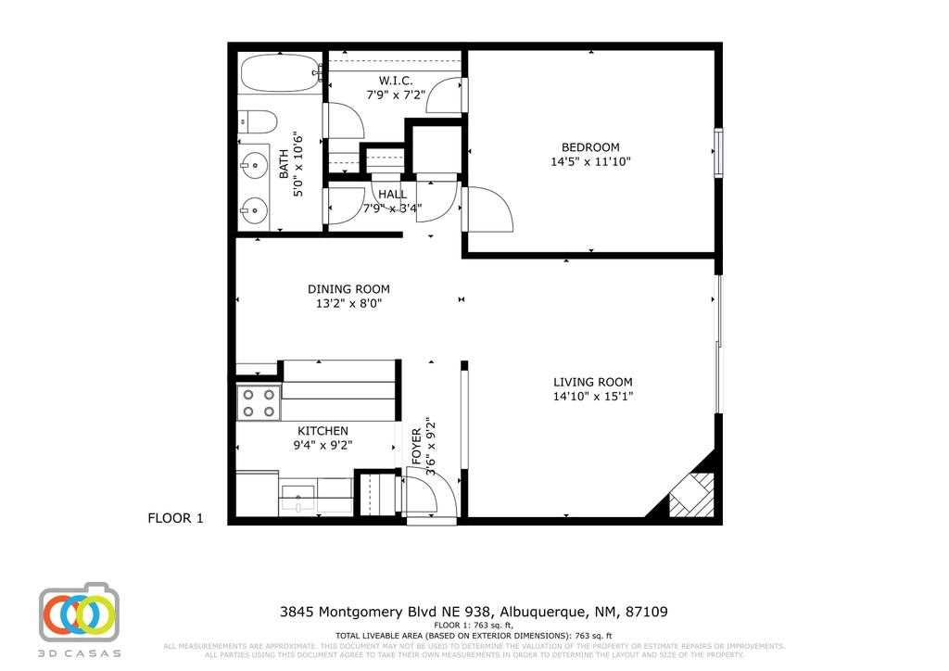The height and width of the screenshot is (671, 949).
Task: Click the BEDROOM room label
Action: coord(590,147)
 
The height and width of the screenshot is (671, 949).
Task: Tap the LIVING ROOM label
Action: coord(593,382)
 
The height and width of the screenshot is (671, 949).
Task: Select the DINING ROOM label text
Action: coord(348,289)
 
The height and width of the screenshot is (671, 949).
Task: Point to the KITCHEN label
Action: coord(323,431)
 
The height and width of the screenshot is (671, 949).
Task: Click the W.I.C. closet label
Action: coord(396,81)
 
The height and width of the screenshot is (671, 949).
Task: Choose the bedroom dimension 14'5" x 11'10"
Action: coord(590,162)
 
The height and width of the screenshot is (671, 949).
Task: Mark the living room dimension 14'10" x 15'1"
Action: coord(593,397)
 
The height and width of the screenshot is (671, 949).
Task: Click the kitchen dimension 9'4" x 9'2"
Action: coord(323,446)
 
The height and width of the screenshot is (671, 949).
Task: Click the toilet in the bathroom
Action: coord(259,121)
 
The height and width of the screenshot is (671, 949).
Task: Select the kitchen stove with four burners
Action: coord(259,403)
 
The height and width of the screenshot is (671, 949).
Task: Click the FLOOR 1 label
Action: coord(175,519)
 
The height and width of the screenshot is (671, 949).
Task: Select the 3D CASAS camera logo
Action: coord(80,614)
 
